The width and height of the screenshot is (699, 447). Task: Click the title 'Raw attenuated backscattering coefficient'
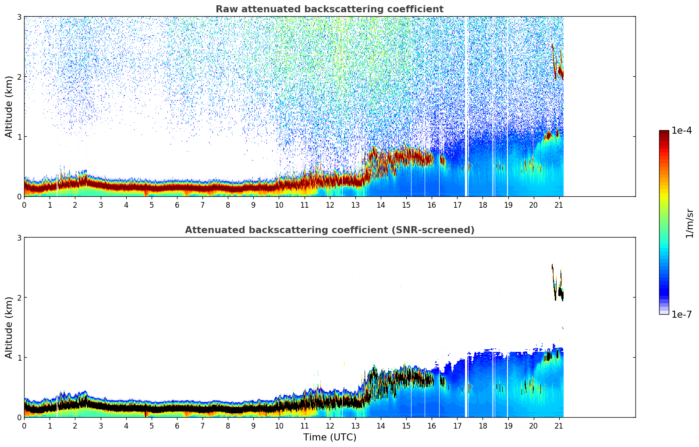click(x=329, y=9)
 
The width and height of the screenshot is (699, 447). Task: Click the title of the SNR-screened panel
click(x=329, y=230)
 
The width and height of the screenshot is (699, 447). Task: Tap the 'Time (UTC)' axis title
click(x=330, y=437)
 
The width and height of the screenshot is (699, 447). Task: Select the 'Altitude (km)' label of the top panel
click(x=9, y=106)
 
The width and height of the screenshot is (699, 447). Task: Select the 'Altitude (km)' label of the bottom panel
click(x=9, y=327)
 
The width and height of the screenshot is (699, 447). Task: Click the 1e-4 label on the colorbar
click(x=681, y=131)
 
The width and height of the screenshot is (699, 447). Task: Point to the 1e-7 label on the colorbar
click(x=681, y=314)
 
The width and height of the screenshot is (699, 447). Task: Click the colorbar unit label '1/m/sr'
click(x=689, y=223)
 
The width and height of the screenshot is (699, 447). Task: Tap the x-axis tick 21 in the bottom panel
click(x=559, y=426)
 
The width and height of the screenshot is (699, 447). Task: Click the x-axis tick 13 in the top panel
click(x=355, y=205)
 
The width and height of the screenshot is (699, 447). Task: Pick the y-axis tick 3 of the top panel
click(x=19, y=17)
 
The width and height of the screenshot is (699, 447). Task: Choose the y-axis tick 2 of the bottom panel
click(x=19, y=298)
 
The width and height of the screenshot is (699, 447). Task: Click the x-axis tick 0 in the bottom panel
click(x=24, y=426)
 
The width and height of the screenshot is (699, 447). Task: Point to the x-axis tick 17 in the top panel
click(x=457, y=205)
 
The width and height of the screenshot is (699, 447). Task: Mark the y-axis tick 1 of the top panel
click(x=19, y=137)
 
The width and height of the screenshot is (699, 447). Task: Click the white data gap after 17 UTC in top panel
click(x=467, y=105)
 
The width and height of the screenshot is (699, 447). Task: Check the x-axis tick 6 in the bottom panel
click(x=177, y=426)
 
